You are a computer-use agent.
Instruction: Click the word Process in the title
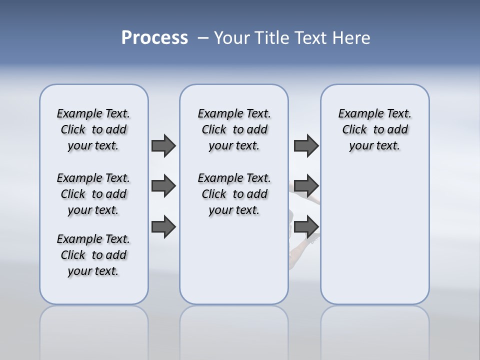point(154,38)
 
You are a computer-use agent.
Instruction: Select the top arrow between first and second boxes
point(163,145)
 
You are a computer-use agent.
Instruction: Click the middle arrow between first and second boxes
point(163,186)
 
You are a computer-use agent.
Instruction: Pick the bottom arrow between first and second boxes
point(163,226)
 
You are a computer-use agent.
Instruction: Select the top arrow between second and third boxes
point(306,145)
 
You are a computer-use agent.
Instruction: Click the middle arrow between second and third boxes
point(306,186)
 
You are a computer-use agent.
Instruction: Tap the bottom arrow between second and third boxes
point(306,226)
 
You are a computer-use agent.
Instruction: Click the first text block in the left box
point(93,129)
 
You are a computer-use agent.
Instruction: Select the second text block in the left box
point(93,194)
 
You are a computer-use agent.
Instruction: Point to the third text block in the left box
point(93,255)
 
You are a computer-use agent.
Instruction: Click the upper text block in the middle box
point(234,129)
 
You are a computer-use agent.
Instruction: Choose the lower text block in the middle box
point(234,194)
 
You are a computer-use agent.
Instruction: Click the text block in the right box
point(375,129)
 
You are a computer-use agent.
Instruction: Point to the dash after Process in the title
point(202,38)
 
